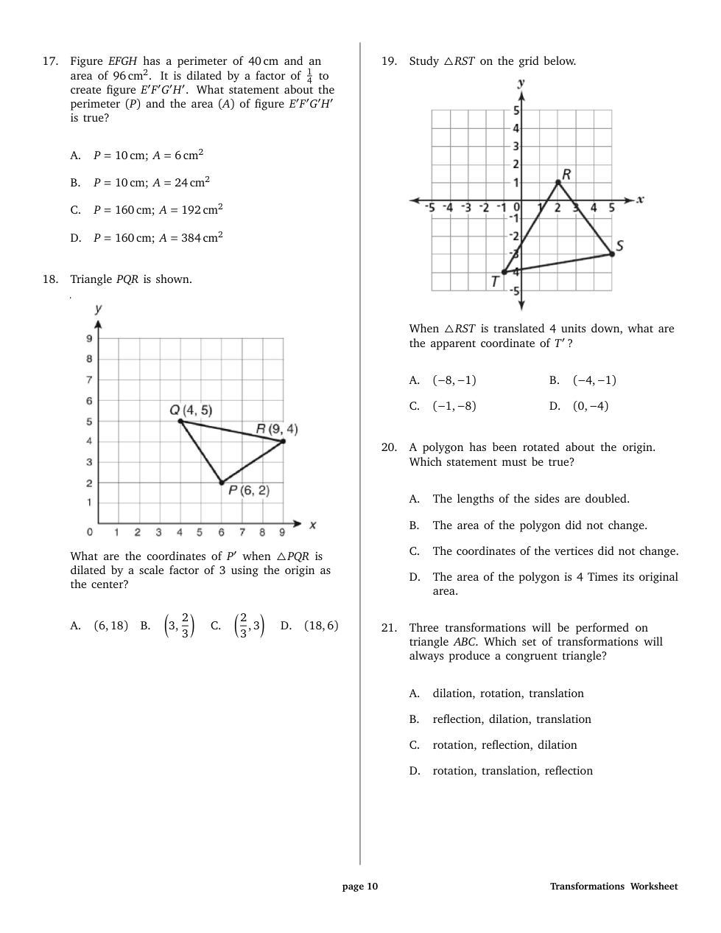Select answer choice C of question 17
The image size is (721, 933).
tap(158, 210)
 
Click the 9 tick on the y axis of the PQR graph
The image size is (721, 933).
tap(89, 339)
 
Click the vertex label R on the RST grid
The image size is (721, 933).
tap(566, 174)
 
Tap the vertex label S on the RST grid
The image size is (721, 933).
tap(619, 245)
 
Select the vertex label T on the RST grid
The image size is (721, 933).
tap(495, 281)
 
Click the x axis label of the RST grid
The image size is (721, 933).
tap(640, 199)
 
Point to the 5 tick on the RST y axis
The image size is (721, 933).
tap(516, 111)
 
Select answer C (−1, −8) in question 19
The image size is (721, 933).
tap(454, 406)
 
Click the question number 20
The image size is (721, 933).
tap(389, 447)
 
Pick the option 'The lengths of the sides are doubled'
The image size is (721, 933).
tap(530, 499)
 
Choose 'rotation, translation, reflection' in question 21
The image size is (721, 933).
tap(512, 771)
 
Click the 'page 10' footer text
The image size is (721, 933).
tap(360, 887)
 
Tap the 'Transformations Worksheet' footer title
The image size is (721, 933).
tap(613, 887)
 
